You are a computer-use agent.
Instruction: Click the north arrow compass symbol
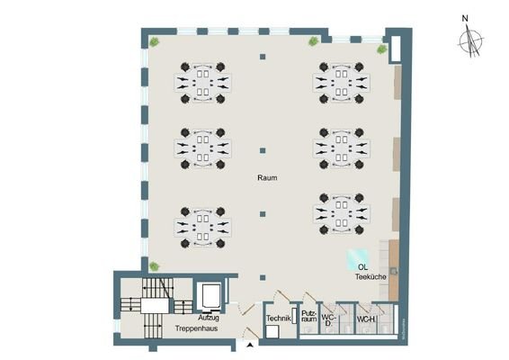pyautogui.click(x=469, y=40)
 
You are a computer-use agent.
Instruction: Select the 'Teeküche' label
pyautogui.click(x=371, y=277)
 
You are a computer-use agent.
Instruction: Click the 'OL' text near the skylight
pyautogui.click(x=362, y=266)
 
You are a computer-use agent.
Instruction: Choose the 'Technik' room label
pyautogui.click(x=276, y=318)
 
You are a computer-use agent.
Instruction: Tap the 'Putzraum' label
pyautogui.click(x=308, y=318)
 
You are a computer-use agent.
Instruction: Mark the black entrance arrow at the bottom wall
pyautogui.click(x=248, y=344)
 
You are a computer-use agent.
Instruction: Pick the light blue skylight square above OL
pyautogui.click(x=358, y=254)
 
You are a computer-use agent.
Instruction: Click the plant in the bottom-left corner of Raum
pyautogui.click(x=155, y=266)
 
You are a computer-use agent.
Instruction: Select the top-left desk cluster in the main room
pyautogui.click(x=203, y=80)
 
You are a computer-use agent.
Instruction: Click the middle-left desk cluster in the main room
pyautogui.click(x=203, y=148)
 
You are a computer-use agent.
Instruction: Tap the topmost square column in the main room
pyautogui.click(x=263, y=58)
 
